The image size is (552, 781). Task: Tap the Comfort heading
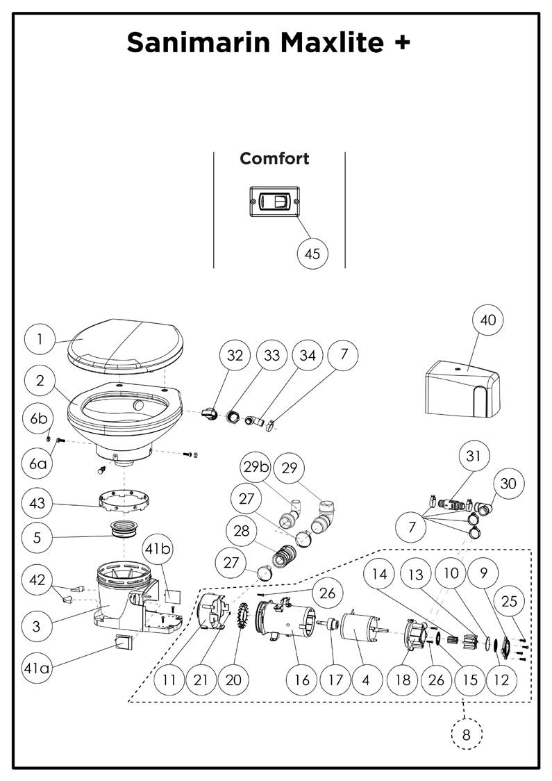[x=274, y=158]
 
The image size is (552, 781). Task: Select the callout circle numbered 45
[x=312, y=254]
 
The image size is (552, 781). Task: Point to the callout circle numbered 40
[x=488, y=320]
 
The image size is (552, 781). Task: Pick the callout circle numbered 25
[x=509, y=601]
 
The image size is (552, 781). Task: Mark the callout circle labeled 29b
[x=256, y=468]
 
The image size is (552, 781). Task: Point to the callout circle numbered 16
[x=302, y=679]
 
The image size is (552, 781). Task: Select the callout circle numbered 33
[x=271, y=355]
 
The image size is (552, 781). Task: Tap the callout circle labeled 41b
[x=157, y=548]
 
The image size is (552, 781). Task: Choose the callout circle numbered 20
[x=233, y=679]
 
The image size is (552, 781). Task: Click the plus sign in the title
[x=401, y=43]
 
